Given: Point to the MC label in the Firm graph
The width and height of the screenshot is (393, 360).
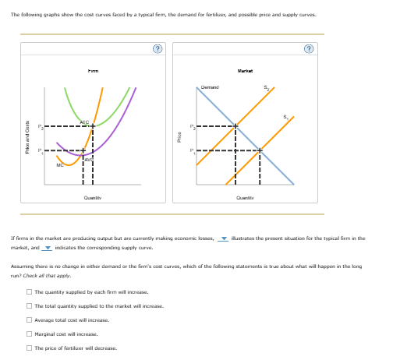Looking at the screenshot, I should tap(59, 164).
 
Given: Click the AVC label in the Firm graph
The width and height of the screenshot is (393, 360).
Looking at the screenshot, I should tap(89, 159).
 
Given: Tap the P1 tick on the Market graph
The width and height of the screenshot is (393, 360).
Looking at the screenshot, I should tap(193, 150).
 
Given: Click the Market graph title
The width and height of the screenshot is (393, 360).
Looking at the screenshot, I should tap(248, 71).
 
